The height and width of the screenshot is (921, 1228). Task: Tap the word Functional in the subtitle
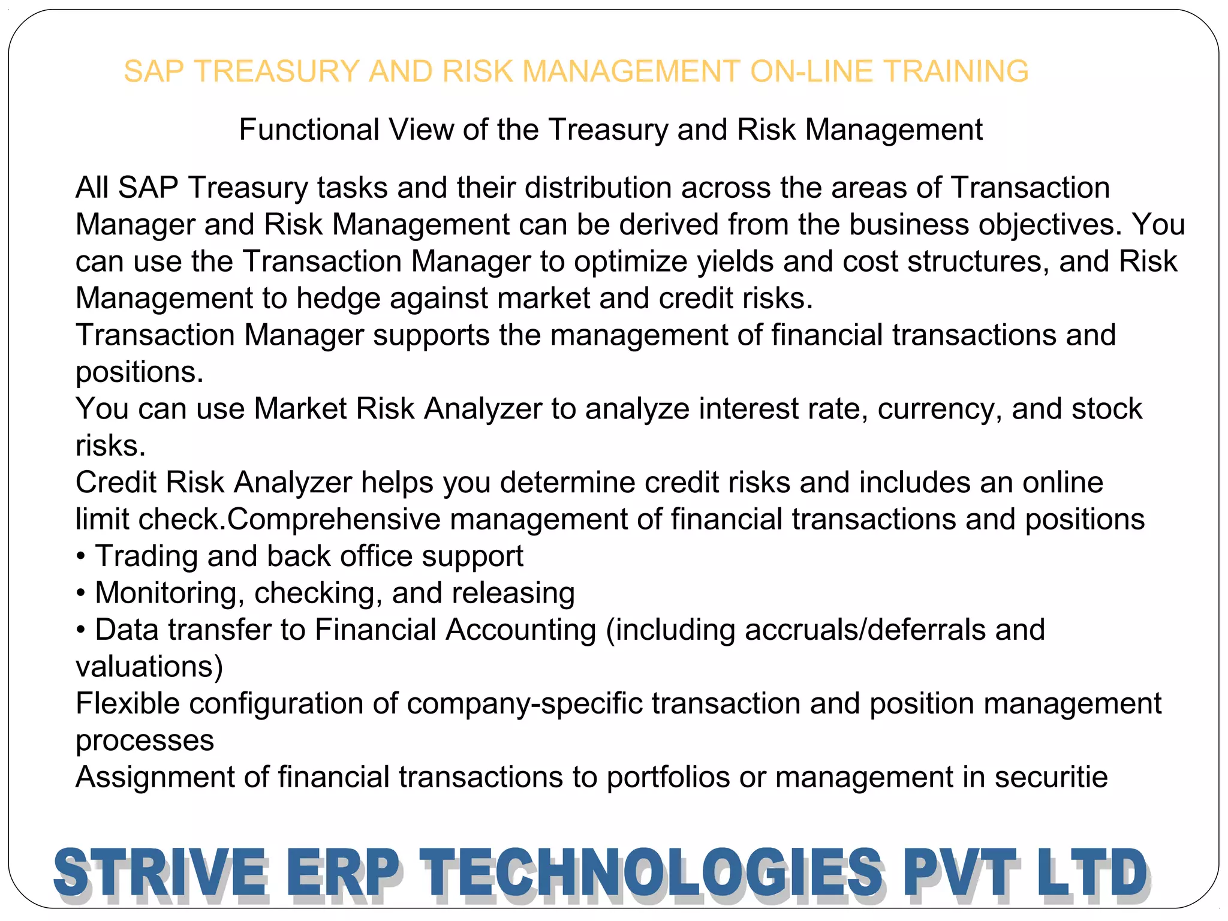tap(309, 130)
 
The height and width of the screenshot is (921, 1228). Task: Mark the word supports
tap(431, 336)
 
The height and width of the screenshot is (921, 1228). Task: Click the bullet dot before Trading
tap(81, 557)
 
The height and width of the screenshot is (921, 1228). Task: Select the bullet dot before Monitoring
tap(81, 594)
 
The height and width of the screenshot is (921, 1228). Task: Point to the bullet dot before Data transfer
tap(81, 631)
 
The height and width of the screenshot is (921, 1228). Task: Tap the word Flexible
tap(127, 703)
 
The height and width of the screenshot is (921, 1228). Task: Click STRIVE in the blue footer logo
tap(159, 873)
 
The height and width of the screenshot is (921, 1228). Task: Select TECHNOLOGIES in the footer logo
tap(651, 873)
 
